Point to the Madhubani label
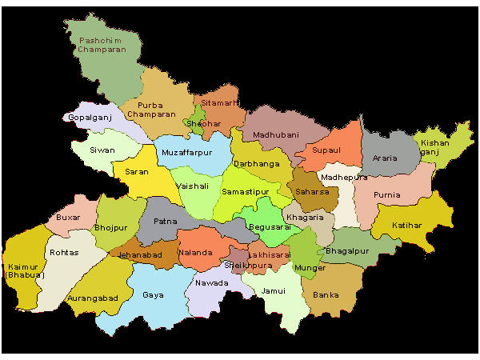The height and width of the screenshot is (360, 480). click(x=275, y=135)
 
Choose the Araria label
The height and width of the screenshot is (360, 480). click(x=385, y=158)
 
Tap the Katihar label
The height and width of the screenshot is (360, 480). click(x=407, y=226)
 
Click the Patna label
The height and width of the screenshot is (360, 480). click(x=165, y=221)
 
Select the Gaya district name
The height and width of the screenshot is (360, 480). click(x=153, y=294)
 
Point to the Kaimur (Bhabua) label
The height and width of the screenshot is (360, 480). click(x=24, y=270)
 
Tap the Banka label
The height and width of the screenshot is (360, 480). click(x=326, y=295)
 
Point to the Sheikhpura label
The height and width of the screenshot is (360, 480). click(x=245, y=264)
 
